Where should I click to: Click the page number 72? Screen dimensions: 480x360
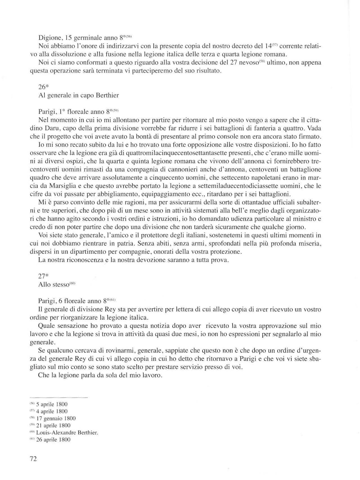pyautogui.click(x=33, y=459)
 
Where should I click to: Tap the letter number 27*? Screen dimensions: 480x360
pyautogui.click(x=43, y=276)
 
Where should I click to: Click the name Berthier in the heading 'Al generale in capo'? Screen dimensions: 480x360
pyautogui.click(x=107, y=95)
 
